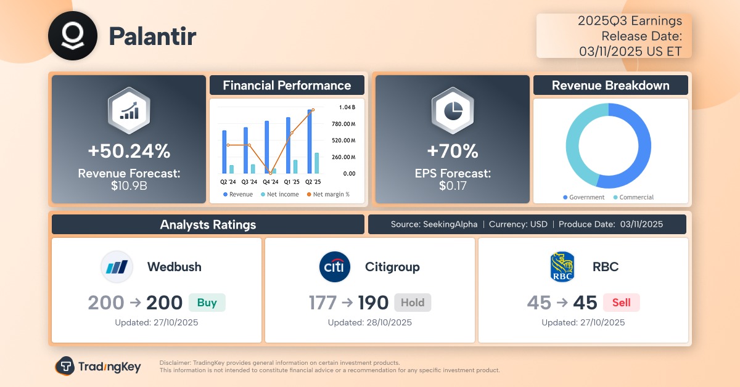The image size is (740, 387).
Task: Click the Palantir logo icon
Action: click(73, 36)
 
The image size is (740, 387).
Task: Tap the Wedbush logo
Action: click(117, 267)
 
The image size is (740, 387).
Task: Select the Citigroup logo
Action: click(335, 267)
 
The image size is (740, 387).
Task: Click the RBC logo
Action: click(562, 267)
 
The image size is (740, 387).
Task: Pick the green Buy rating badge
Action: click(207, 303)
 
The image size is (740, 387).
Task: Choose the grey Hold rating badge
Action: click(413, 303)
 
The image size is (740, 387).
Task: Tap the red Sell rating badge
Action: click(621, 303)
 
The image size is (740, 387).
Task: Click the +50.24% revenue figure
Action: click(128, 150)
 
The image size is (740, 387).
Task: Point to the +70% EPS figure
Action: click(452, 150)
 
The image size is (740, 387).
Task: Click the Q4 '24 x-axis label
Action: click(270, 182)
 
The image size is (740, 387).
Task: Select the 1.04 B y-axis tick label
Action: click(347, 107)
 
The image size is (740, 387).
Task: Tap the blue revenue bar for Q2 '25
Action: click(310, 141)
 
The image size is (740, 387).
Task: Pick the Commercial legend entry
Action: click(633, 197)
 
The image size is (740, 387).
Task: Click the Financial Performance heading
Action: click(287, 86)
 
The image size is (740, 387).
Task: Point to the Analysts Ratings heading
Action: click(208, 224)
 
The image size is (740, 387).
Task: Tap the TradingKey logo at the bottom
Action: click(98, 367)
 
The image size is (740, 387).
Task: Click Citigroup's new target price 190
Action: click(373, 303)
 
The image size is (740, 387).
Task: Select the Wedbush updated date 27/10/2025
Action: click(156, 322)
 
